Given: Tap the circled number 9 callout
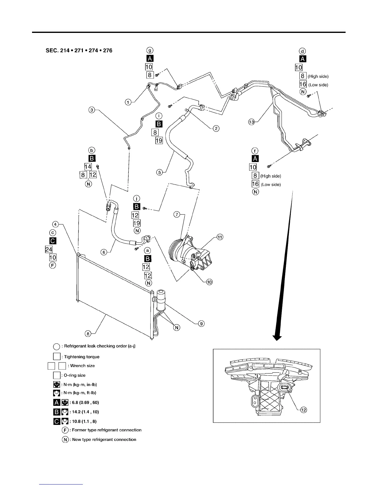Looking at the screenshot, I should pyautogui.click(x=201, y=323).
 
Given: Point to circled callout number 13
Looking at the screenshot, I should pyautogui.click(x=252, y=122).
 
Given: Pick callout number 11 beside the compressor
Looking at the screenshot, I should pyautogui.click(x=219, y=237).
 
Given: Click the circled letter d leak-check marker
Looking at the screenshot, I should pyautogui.click(x=302, y=51).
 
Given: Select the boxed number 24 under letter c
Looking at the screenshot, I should pyautogui.click(x=49, y=249).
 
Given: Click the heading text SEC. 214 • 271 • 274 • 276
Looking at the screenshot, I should pyautogui.click(x=79, y=50).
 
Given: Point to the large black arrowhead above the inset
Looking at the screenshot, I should pyautogui.click(x=278, y=337).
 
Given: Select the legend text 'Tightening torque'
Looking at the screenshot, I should pyautogui.click(x=82, y=357).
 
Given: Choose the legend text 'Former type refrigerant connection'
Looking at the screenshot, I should pyautogui.click(x=107, y=430).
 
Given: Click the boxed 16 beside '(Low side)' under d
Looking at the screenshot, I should pyautogui.click(x=302, y=85).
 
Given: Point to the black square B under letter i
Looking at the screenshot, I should pyautogui.click(x=159, y=124).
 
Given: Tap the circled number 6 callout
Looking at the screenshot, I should pyautogui.click(x=104, y=252).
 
